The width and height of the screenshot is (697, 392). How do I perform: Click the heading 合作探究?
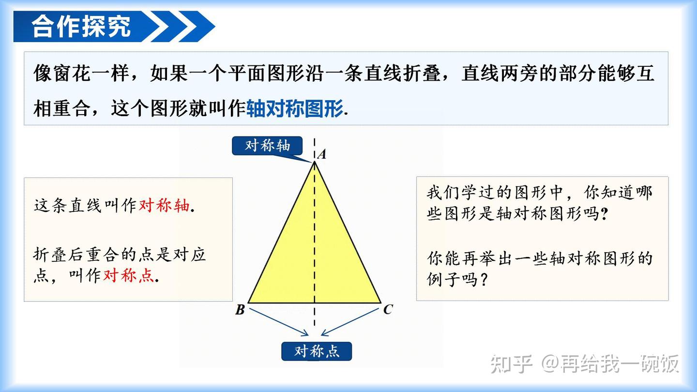click(81, 26)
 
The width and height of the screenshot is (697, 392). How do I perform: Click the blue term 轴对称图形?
click(294, 108)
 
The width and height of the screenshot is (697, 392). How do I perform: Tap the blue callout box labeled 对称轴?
click(267, 146)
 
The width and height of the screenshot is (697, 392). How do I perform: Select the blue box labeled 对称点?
click(317, 351)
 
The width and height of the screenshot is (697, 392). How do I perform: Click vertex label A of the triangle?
click(321, 154)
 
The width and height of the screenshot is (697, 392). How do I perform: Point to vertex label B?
click(240, 310)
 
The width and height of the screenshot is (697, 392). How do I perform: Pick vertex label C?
click(388, 309)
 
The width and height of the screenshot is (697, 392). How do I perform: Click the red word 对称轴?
click(164, 206)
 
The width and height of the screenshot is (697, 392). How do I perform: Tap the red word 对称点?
click(128, 275)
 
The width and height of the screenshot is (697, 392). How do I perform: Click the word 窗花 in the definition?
click(72, 74)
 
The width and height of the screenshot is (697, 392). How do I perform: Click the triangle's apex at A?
click(315, 162)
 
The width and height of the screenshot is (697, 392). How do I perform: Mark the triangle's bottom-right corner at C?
click(380, 302)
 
